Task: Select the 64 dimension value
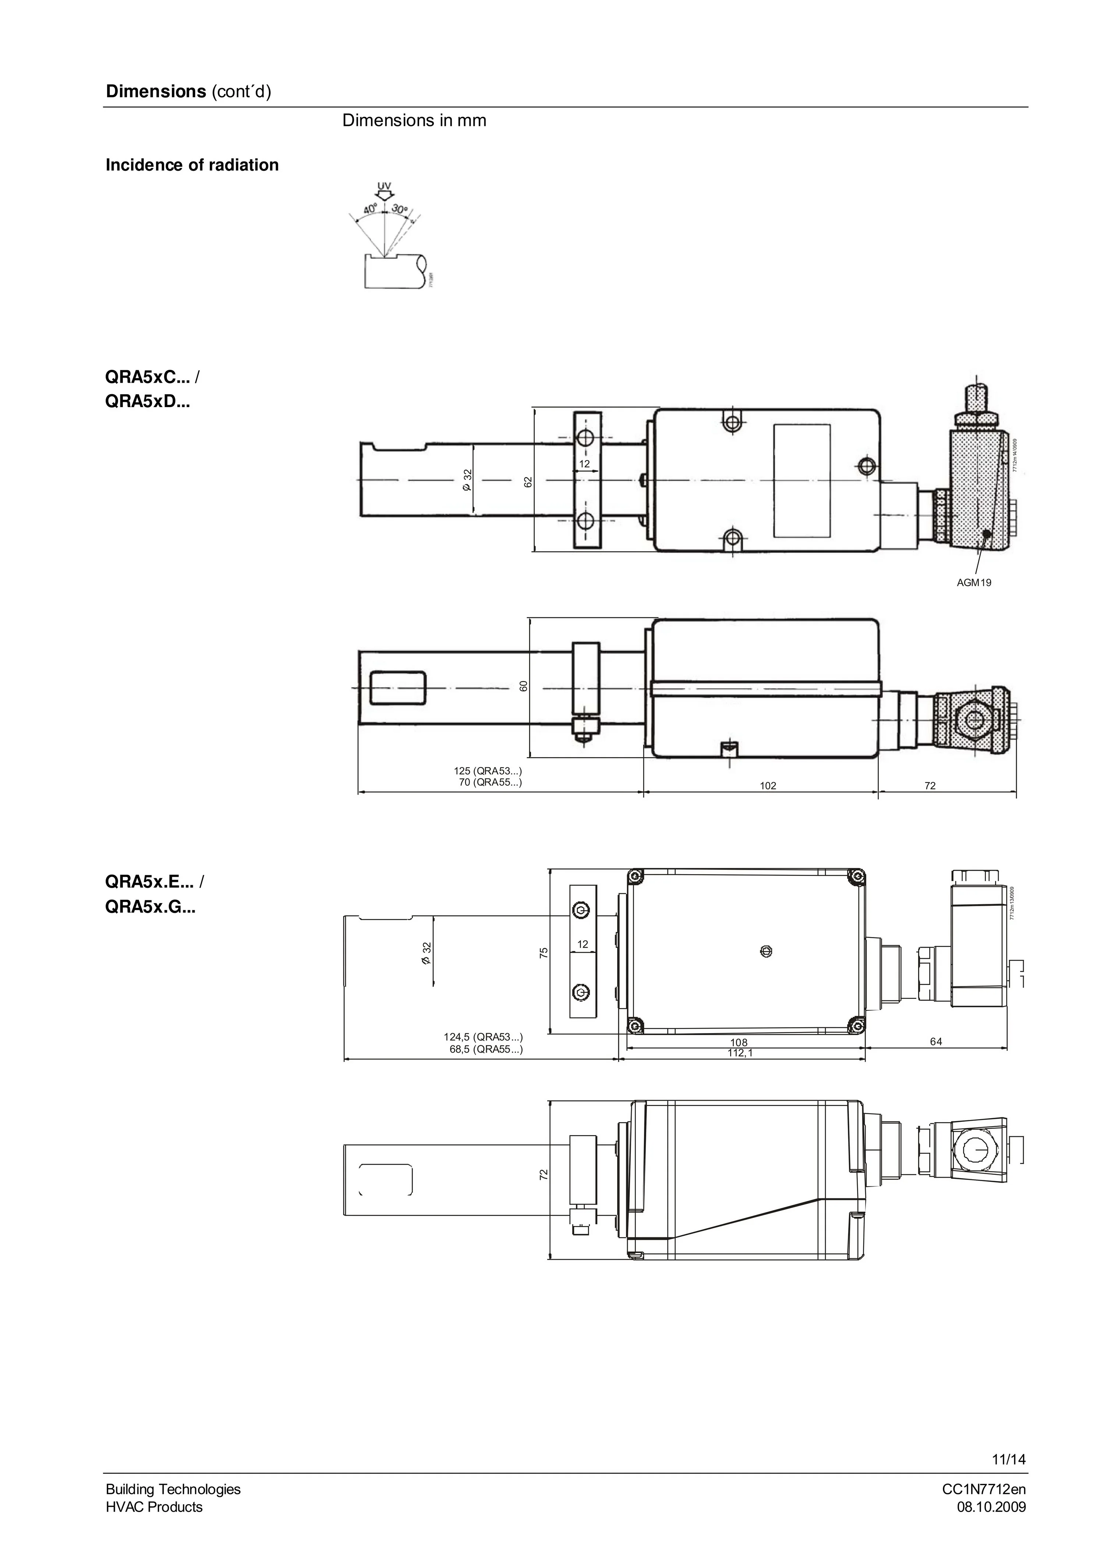[936, 1042]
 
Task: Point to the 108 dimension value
[739, 1042]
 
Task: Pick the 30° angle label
[400, 209]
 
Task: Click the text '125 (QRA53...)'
[488, 771]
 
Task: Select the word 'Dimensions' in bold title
[156, 92]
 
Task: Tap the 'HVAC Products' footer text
[154, 1507]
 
